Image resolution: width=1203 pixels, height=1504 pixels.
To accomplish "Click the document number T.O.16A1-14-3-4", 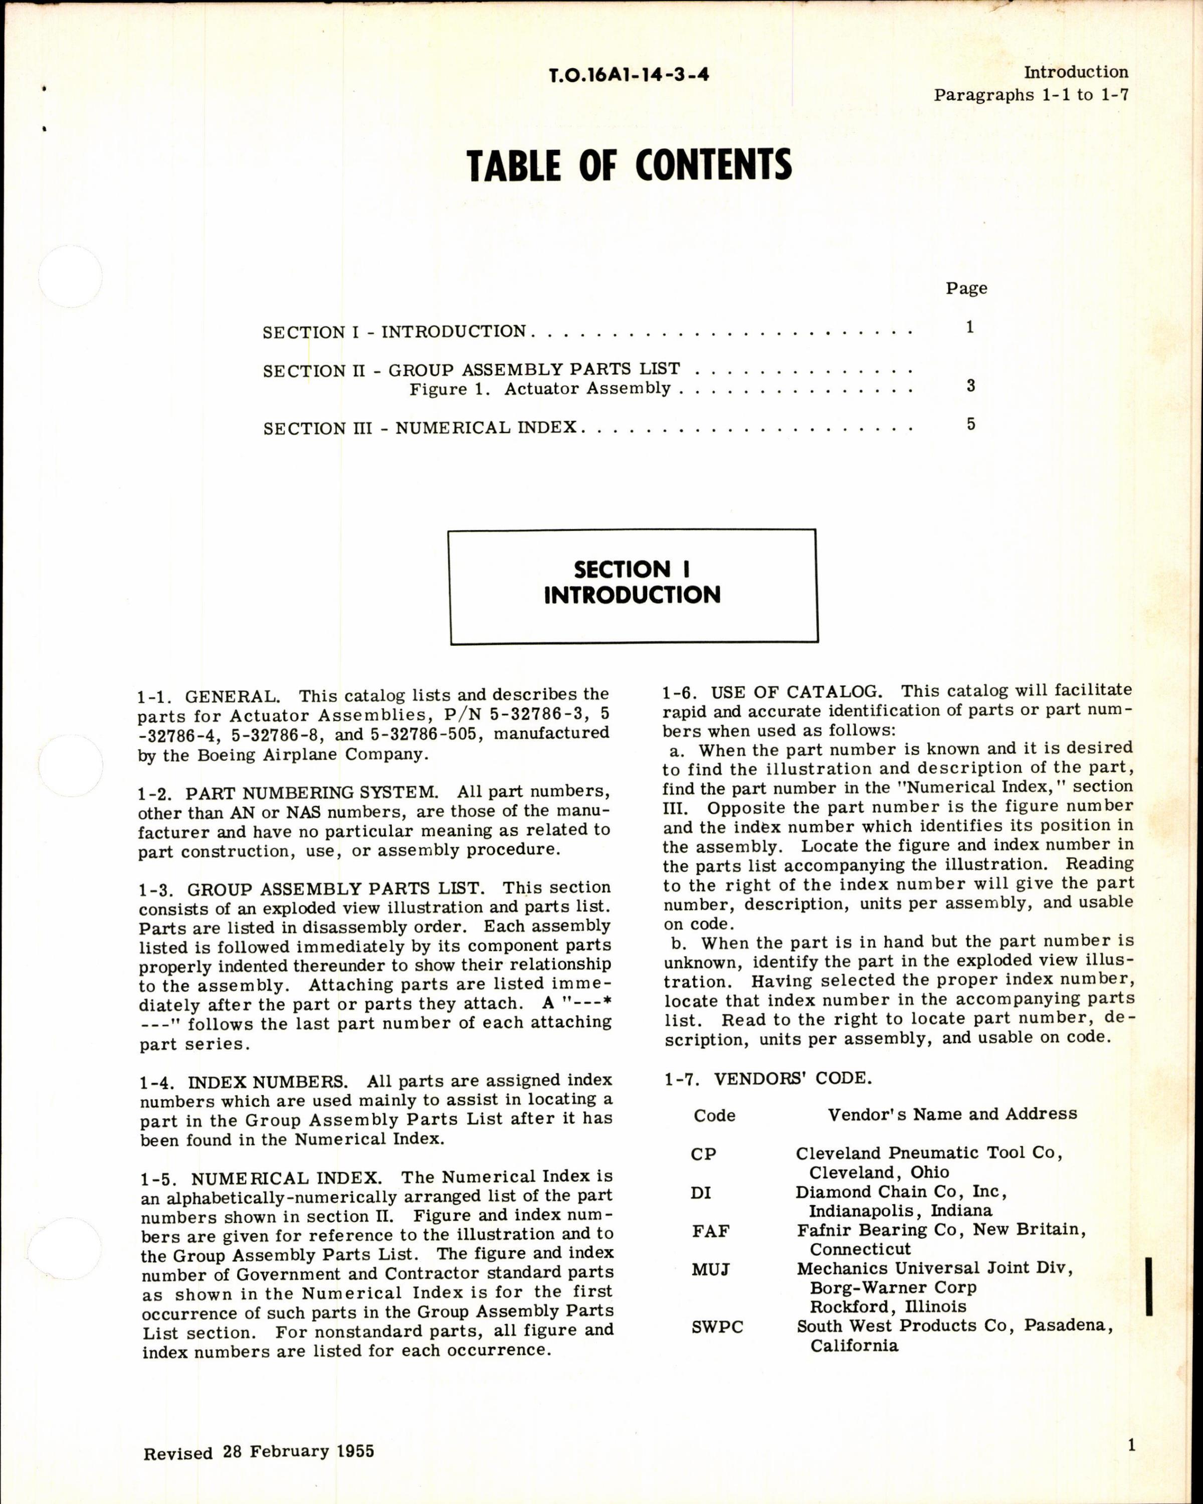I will [x=629, y=75].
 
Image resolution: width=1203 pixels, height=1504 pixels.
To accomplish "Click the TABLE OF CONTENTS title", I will [x=629, y=166].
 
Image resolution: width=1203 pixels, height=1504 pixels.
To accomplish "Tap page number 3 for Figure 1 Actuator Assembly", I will [x=971, y=385].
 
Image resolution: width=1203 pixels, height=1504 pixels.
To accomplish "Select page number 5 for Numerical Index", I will [x=971, y=424].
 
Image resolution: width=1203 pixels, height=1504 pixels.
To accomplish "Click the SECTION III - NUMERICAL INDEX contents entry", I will [x=420, y=428].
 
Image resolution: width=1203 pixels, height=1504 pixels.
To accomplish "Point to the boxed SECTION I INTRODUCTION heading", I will [x=633, y=583].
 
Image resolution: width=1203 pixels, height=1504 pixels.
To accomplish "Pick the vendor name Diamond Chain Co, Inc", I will [x=901, y=1192].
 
